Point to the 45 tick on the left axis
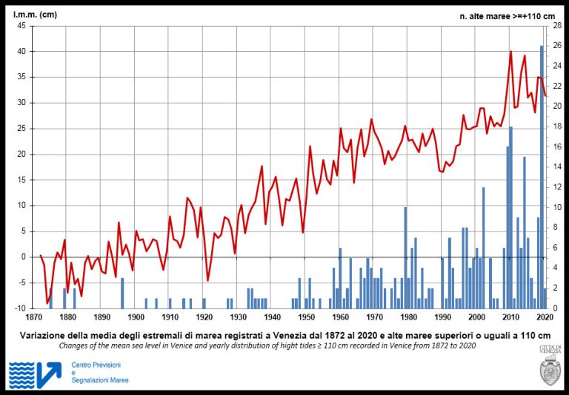(21, 26)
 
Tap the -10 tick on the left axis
(20, 308)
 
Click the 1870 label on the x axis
(34, 317)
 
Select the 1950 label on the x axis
(306, 317)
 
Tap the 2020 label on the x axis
(545, 317)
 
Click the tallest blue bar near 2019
(542, 178)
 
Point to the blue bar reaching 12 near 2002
(484, 248)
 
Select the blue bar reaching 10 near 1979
(405, 257)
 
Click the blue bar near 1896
(122, 293)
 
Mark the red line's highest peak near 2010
(510, 51)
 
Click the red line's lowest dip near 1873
(47, 303)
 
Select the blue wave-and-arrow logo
(35, 374)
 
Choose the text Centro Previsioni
(96, 365)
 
